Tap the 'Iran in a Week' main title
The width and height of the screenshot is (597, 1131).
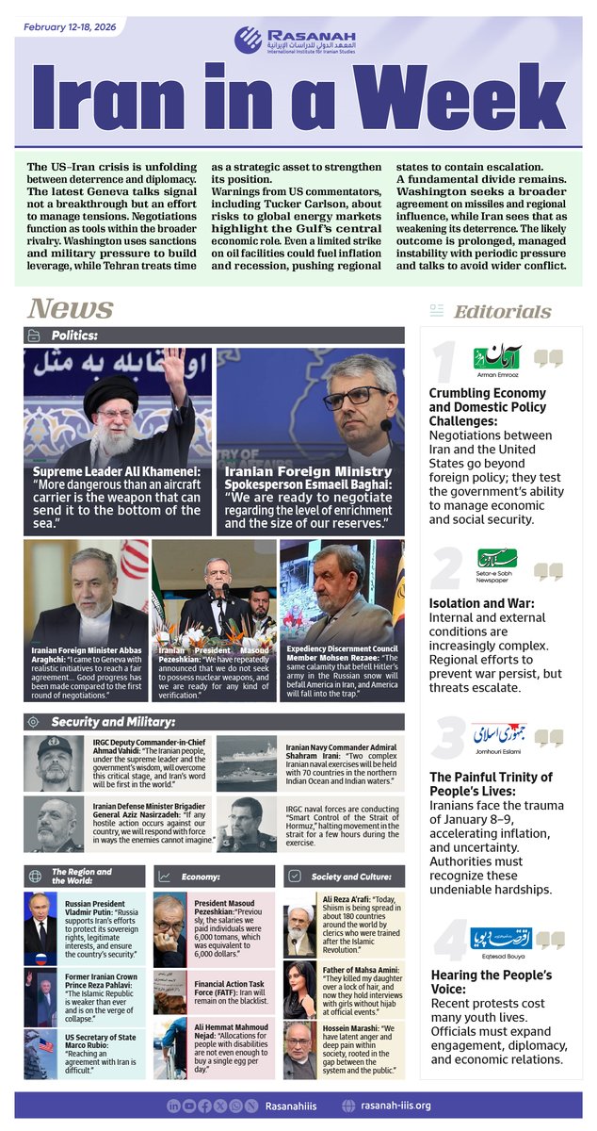[x=298, y=98]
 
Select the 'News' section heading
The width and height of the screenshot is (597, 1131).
[x=71, y=308]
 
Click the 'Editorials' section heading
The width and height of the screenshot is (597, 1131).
[x=503, y=311]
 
